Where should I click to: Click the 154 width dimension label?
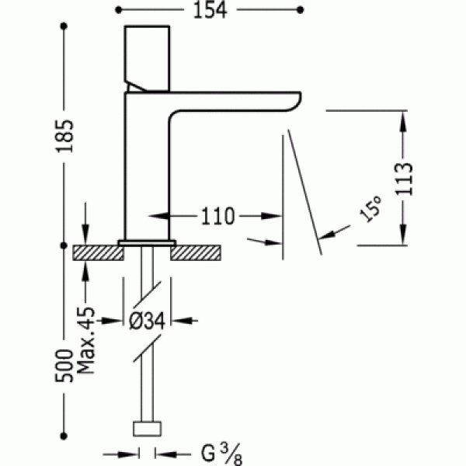(x=210, y=10)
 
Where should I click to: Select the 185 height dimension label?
(x=64, y=136)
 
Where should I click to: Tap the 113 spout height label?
(x=404, y=179)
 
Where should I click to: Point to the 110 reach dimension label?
(x=218, y=216)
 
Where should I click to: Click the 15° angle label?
(x=370, y=209)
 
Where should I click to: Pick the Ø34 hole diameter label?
(x=147, y=321)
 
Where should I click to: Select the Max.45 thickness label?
(x=86, y=340)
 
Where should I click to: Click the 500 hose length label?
(x=64, y=366)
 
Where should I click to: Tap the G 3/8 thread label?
(x=221, y=454)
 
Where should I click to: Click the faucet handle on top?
(x=148, y=59)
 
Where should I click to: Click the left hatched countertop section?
(x=98, y=253)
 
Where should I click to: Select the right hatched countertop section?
(x=196, y=253)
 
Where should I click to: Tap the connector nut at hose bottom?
(x=147, y=429)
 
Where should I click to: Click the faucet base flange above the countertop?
(x=147, y=243)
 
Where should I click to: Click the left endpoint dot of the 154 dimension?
(x=118, y=10)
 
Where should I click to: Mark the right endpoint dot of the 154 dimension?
(x=300, y=10)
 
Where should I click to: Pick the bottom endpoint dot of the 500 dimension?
(x=64, y=436)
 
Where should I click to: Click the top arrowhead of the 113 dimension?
(x=402, y=122)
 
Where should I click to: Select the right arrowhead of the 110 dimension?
(x=271, y=216)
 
